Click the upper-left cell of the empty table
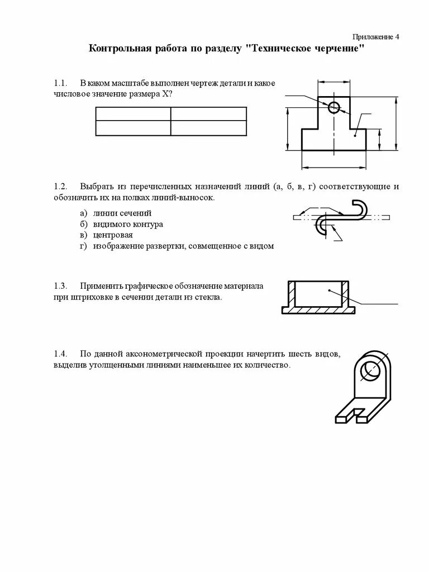click(x=133, y=113)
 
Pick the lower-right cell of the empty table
click(x=208, y=128)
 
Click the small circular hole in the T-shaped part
click(x=334, y=108)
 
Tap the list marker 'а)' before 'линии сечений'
click(x=83, y=213)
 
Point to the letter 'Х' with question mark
click(x=165, y=94)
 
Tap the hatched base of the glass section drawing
click(x=321, y=309)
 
